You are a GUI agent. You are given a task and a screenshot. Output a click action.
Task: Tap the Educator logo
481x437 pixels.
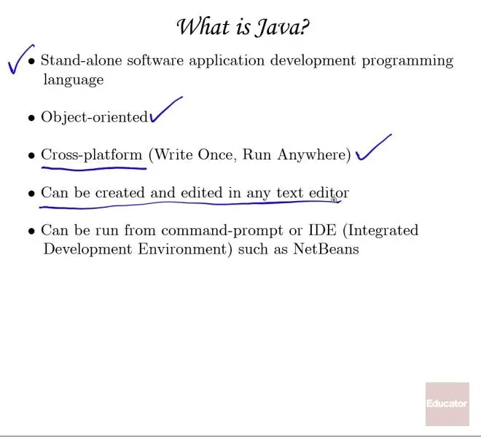(447, 404)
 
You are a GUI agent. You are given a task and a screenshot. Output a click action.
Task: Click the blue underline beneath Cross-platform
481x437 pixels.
(94, 168)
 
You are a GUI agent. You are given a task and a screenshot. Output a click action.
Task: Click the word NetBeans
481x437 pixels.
(326, 248)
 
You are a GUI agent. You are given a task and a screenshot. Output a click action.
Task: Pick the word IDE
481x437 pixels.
(322, 230)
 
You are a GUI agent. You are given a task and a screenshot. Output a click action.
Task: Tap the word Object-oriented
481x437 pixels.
(95, 117)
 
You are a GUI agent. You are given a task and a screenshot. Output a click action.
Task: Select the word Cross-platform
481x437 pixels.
(92, 155)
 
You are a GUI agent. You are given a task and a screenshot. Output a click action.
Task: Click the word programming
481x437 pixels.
(407, 61)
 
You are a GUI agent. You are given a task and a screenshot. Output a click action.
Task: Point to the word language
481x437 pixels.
(74, 80)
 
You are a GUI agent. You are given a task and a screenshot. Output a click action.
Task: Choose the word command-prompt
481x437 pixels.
(222, 231)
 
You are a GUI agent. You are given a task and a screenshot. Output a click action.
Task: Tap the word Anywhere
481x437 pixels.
(314, 155)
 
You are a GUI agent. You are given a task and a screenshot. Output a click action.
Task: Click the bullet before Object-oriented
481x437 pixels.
(31, 118)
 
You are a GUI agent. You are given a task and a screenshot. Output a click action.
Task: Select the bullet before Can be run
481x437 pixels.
(31, 231)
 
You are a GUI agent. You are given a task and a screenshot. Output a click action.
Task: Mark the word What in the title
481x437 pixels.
(203, 27)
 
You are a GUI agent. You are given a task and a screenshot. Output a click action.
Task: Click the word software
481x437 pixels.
(155, 60)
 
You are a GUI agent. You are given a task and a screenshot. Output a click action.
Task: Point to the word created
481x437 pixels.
(120, 193)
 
